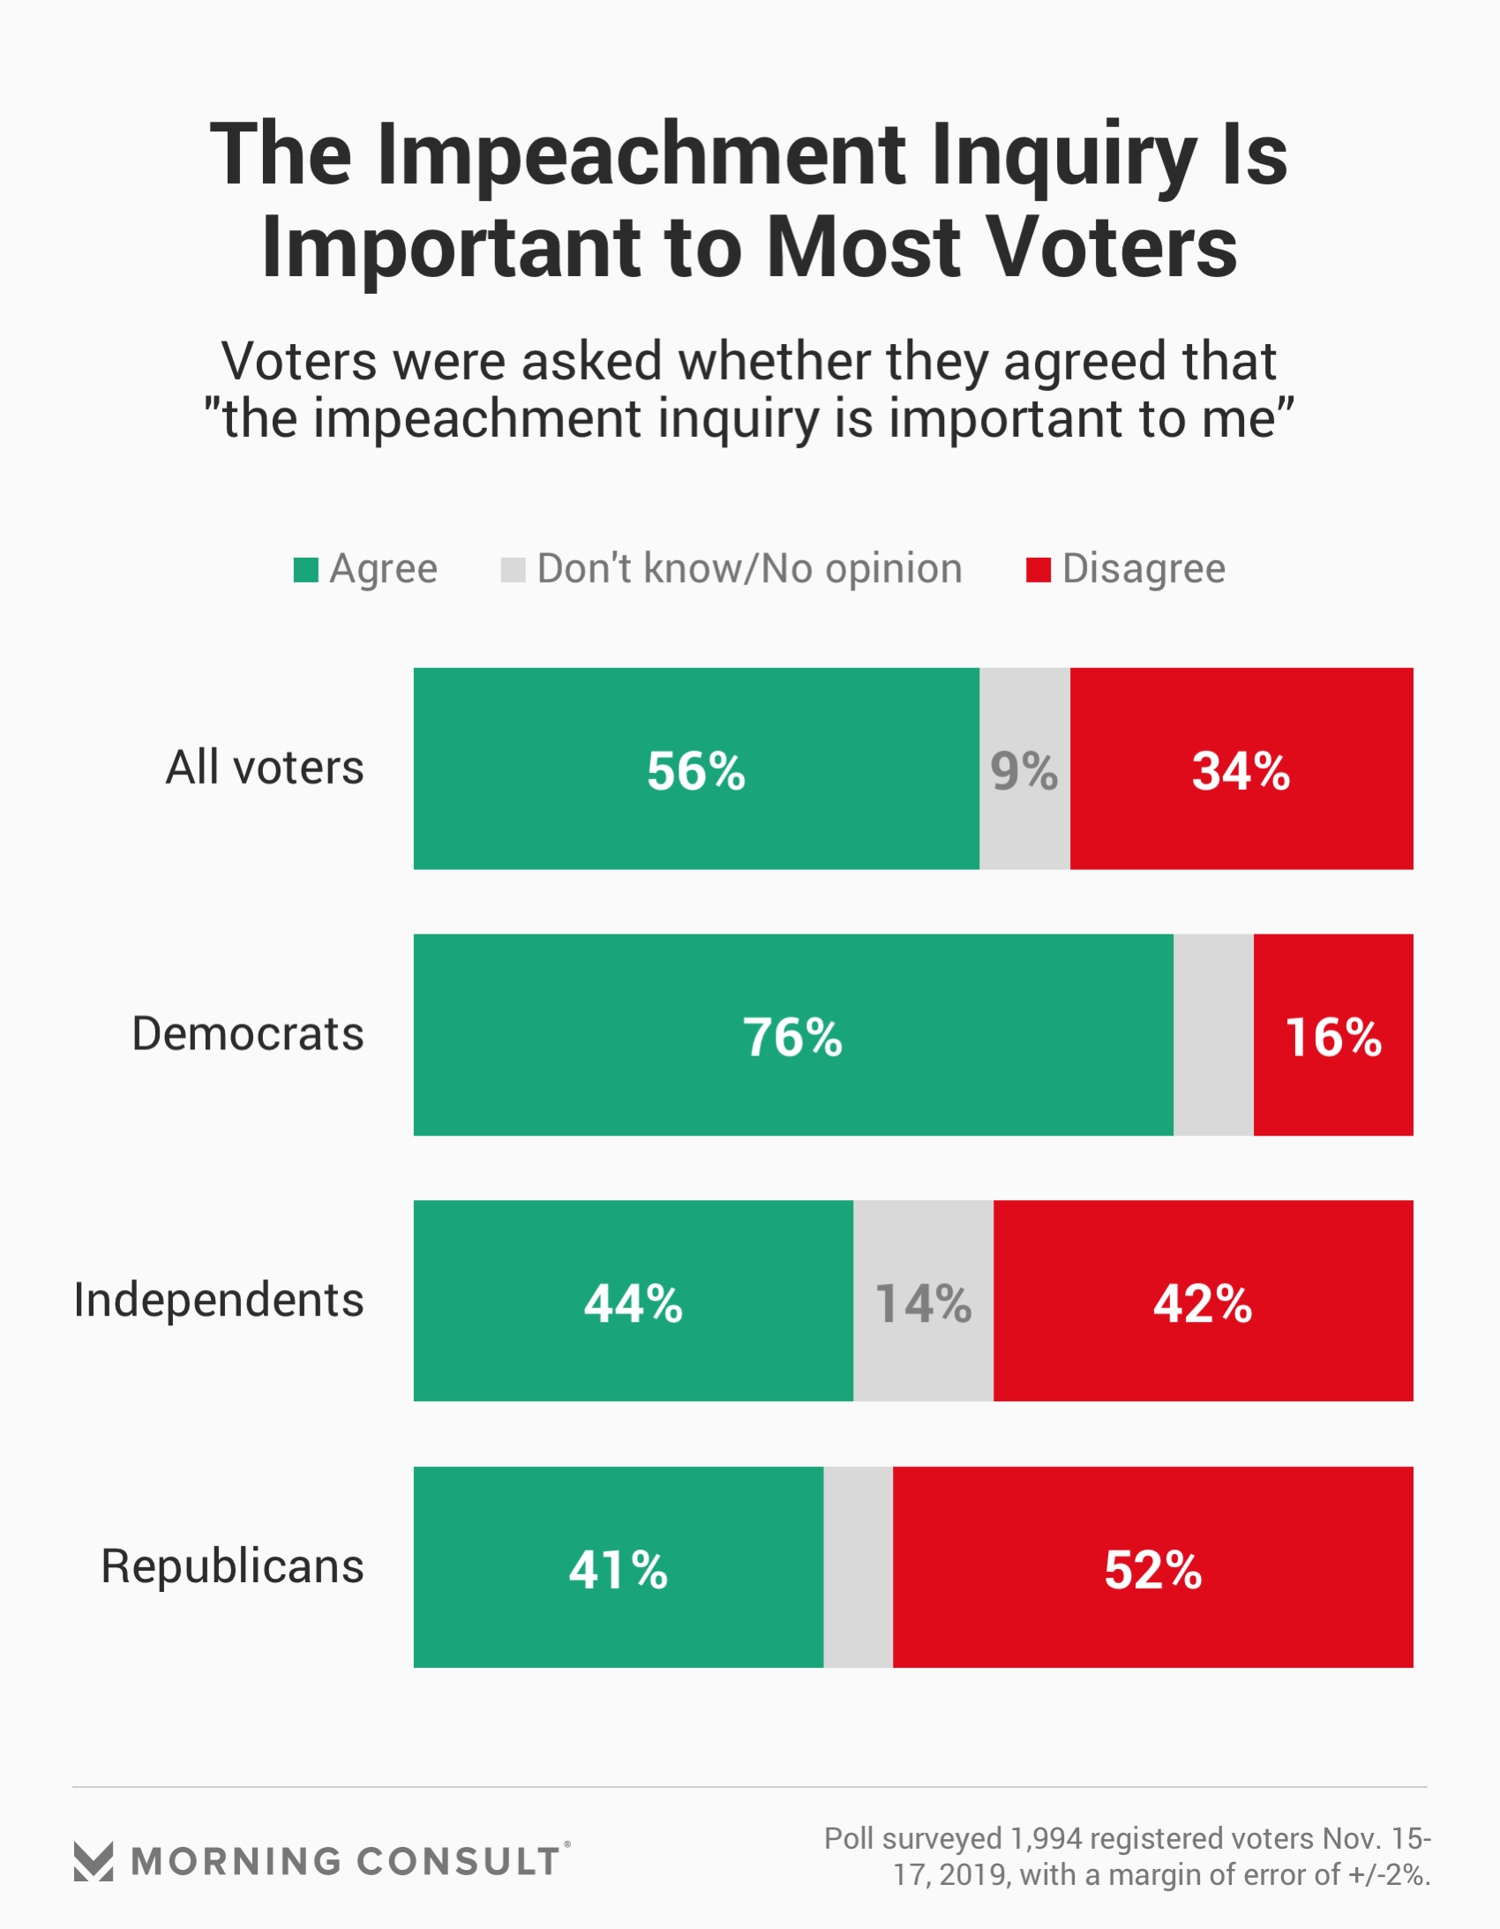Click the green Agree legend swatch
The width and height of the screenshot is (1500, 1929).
(305, 570)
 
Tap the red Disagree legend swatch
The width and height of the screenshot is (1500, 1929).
(1038, 570)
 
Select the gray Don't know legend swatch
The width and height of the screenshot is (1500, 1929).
(513, 570)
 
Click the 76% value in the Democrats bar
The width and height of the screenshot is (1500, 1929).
(792, 1037)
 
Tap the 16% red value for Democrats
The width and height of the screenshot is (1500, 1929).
(1333, 1037)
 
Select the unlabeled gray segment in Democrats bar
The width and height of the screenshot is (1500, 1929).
(1213, 1035)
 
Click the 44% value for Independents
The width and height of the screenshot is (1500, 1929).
(634, 1302)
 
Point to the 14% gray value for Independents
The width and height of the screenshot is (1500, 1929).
(923, 1302)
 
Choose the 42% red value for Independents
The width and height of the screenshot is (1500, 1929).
(1203, 1302)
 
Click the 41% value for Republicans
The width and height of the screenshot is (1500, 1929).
(619, 1570)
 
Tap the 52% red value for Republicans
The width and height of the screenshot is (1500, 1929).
(1153, 1570)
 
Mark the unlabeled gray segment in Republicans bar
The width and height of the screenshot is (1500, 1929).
(858, 1568)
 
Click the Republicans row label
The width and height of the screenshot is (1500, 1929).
(232, 1566)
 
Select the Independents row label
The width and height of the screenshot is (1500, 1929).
(218, 1300)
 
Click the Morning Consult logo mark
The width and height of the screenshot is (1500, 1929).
(94, 1861)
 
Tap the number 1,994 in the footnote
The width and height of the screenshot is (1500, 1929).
(1046, 1838)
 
